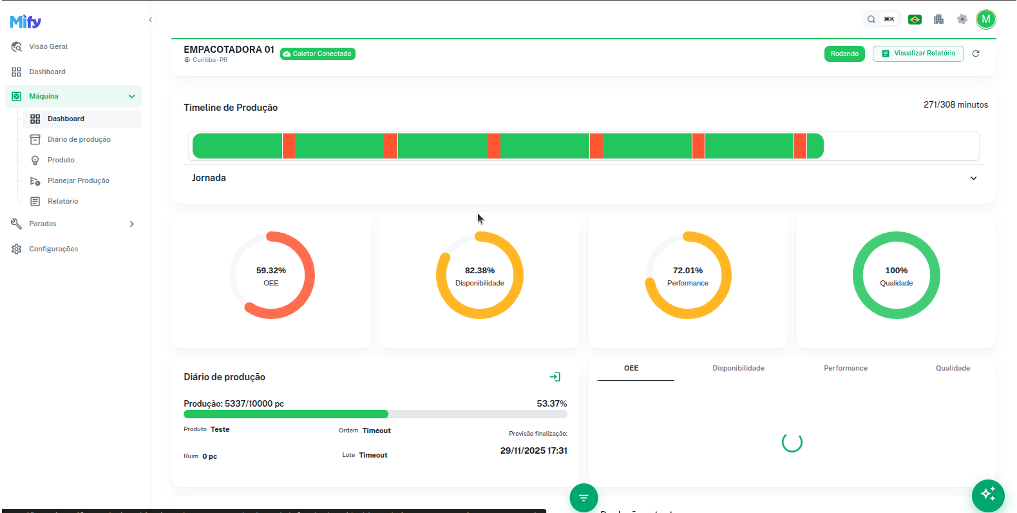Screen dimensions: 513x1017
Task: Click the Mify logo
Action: click(26, 22)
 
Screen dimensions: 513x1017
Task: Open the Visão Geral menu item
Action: click(48, 46)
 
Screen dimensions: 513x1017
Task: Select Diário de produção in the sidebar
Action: click(79, 139)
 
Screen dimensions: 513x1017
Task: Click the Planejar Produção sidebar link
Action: click(78, 180)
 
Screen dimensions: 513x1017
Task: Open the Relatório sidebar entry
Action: click(62, 201)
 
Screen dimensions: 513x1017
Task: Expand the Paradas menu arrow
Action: click(131, 224)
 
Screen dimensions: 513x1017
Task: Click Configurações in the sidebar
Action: click(53, 249)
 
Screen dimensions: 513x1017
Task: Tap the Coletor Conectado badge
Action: click(318, 54)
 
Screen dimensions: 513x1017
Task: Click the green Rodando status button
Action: click(844, 54)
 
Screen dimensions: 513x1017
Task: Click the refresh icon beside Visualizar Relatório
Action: click(976, 53)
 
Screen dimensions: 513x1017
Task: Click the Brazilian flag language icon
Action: click(915, 19)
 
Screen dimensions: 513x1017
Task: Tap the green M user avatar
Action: click(985, 19)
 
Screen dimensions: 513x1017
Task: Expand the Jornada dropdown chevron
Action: click(973, 179)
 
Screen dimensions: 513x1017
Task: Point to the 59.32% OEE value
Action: click(271, 271)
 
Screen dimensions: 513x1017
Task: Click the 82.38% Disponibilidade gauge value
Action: click(480, 271)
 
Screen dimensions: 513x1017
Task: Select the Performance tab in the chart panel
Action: click(845, 369)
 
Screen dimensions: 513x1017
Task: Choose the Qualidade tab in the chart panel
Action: click(953, 369)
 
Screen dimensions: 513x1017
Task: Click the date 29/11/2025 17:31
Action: click(533, 451)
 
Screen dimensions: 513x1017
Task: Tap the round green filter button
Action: click(584, 498)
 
